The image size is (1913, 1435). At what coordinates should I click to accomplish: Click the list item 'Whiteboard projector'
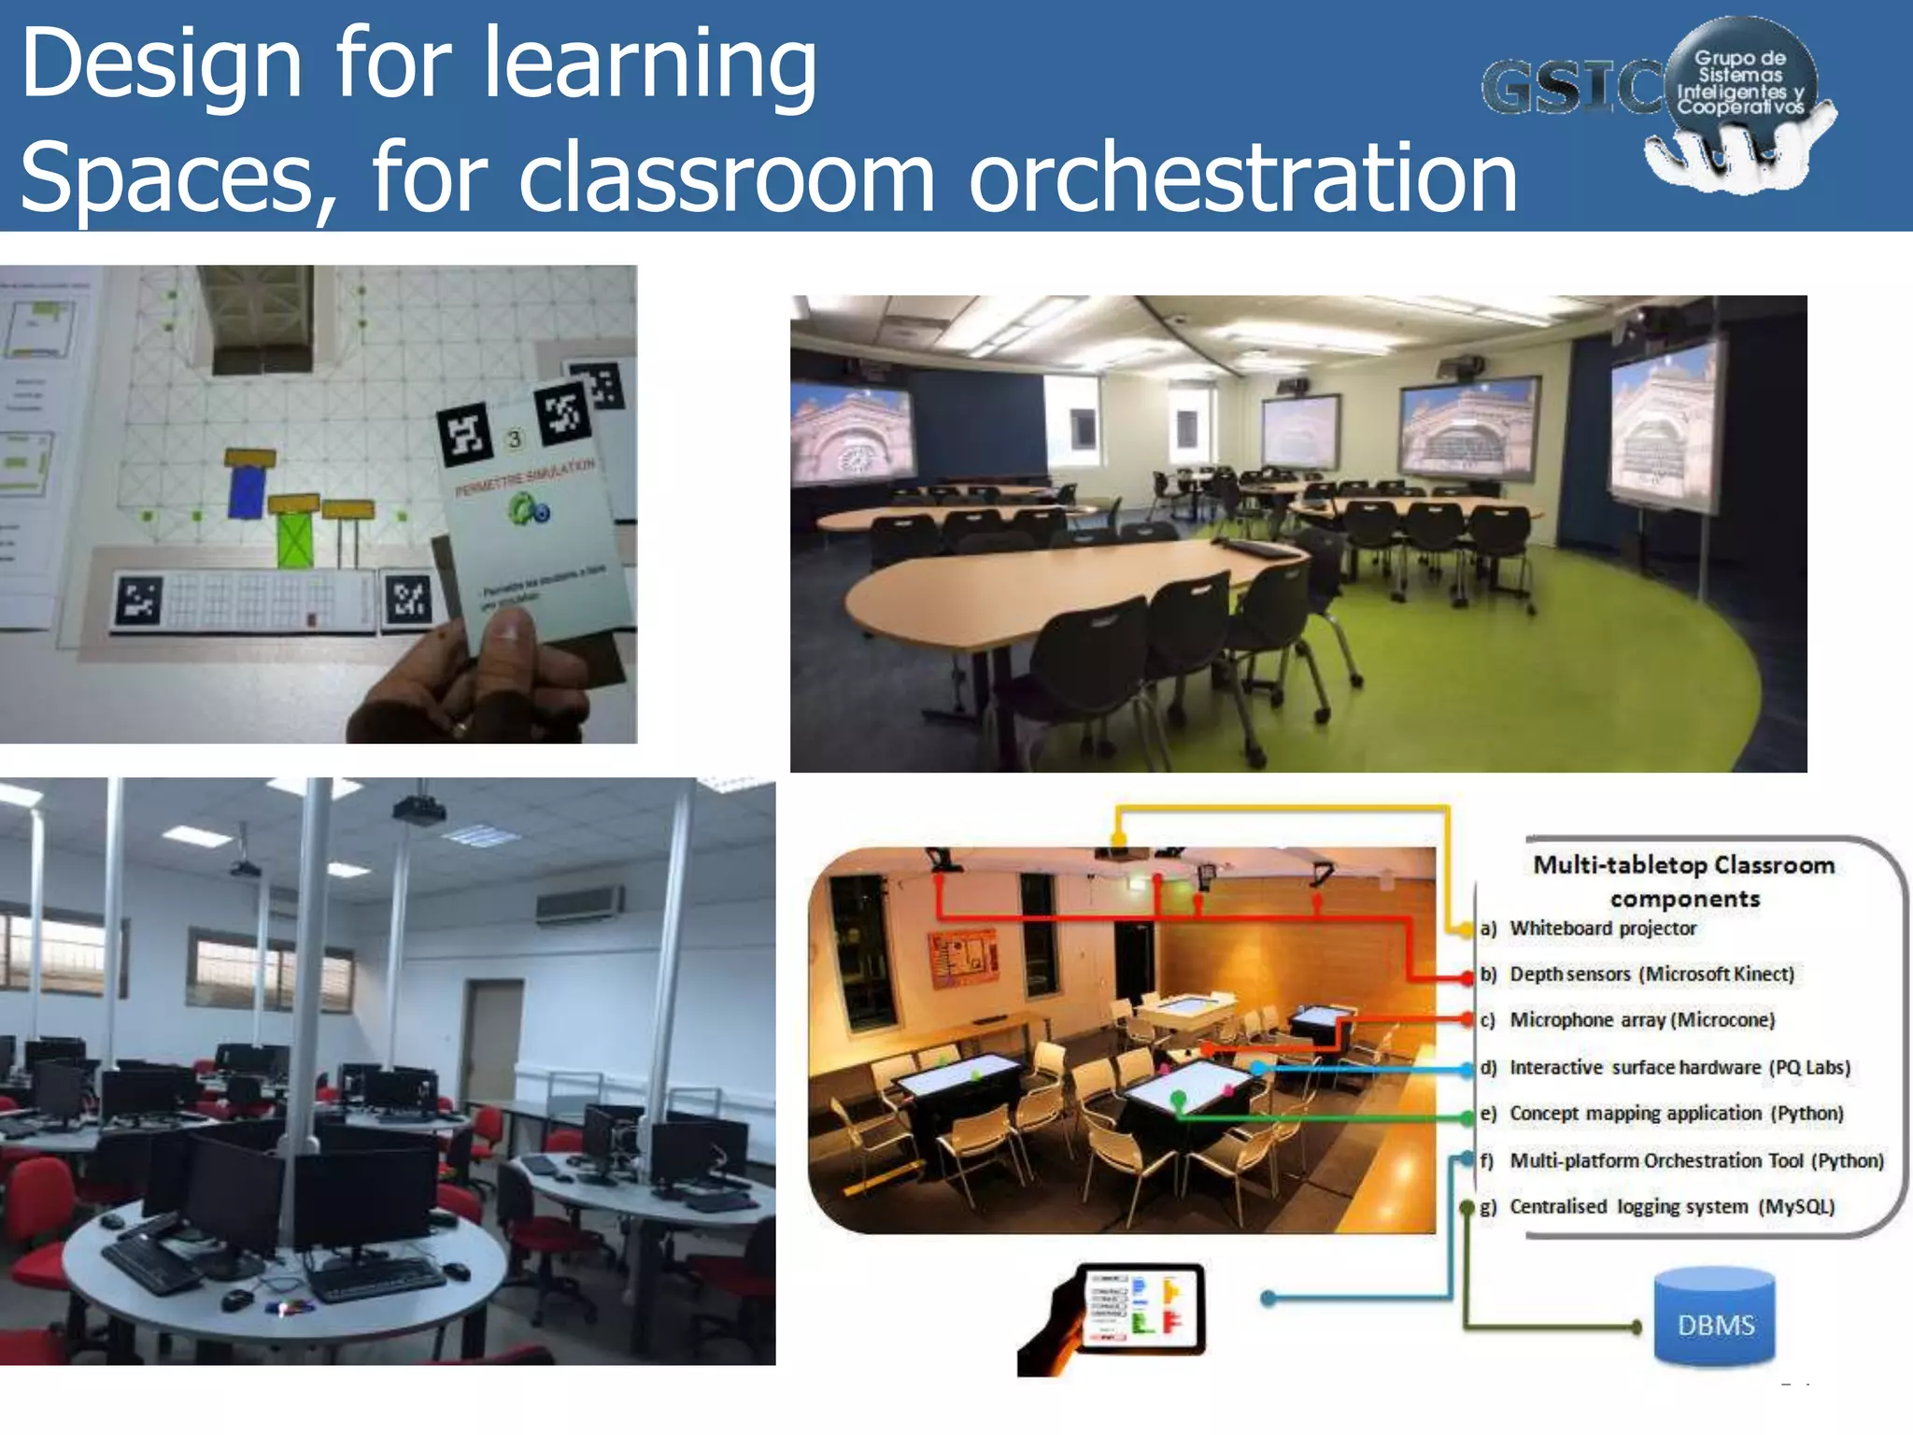coord(1603,929)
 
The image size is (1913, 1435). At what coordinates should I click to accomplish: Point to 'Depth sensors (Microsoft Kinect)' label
coord(1651,974)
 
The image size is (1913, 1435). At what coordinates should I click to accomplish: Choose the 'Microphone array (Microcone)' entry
coord(1642,1020)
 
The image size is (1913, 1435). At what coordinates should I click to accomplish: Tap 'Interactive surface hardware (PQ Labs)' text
coord(1679,1067)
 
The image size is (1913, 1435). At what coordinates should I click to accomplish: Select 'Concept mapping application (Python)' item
coord(1677,1114)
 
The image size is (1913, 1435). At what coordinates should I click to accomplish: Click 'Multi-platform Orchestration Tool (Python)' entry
coord(1696,1160)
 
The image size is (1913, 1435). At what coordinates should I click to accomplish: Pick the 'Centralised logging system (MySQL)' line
coord(1672,1207)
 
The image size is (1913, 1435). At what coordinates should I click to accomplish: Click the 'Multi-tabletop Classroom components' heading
coord(1684,881)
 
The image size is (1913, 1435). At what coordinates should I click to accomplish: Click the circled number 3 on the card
coord(514,438)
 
